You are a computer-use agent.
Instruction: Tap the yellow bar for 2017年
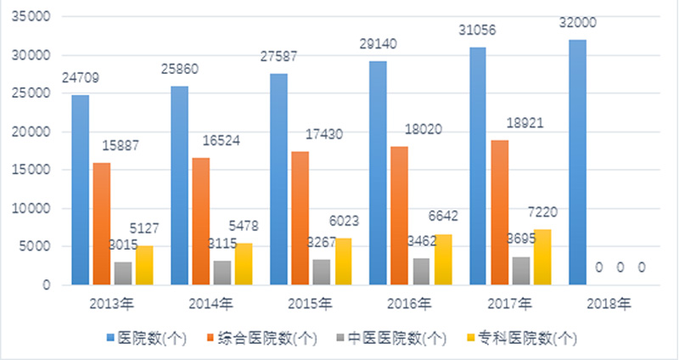[x=543, y=257]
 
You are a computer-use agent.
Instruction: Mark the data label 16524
[x=219, y=139]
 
